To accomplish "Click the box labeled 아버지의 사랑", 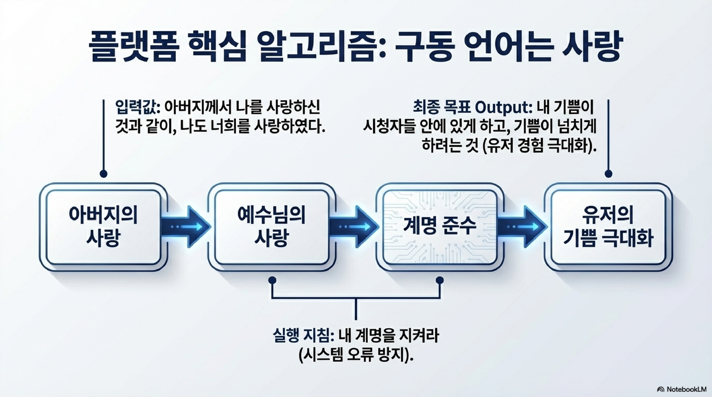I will (103, 227).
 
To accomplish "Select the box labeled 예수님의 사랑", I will (272, 227).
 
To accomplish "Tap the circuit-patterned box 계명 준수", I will (440, 227).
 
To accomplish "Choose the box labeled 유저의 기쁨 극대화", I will (608, 227).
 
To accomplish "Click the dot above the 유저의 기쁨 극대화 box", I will (608, 174).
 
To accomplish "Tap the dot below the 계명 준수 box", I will (440, 280).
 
